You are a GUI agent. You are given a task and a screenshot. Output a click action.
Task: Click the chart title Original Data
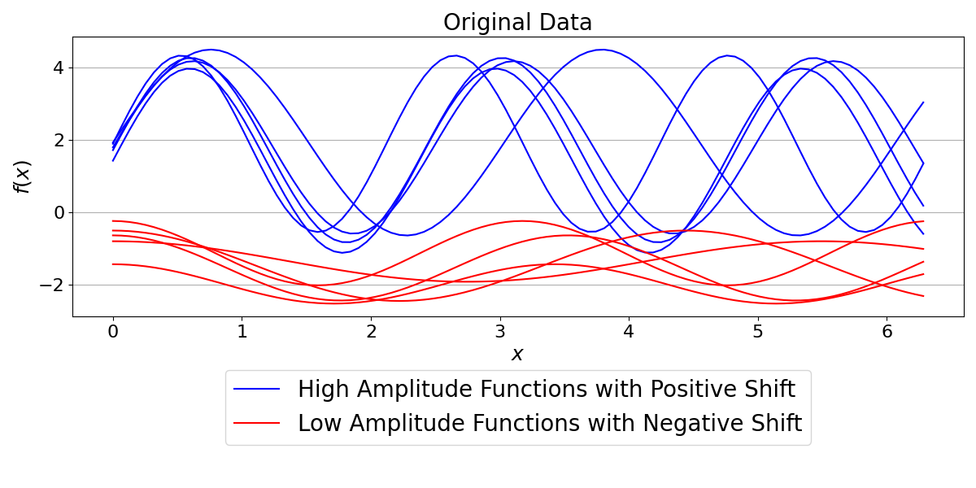point(517,22)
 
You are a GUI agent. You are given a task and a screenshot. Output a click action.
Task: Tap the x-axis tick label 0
point(113,332)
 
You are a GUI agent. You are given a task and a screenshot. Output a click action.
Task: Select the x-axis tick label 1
point(242,332)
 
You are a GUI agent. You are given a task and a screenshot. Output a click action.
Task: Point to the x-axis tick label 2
point(371,332)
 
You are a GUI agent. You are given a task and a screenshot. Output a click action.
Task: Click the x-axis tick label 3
point(499,332)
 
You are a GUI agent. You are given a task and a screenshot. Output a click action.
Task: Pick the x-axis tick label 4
point(629,332)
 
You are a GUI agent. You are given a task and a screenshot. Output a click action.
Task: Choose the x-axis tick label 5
point(757,332)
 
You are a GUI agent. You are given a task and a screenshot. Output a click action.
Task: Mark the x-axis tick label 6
point(887,332)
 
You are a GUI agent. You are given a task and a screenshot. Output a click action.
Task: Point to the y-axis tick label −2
point(52,285)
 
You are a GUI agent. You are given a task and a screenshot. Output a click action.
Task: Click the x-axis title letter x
point(517,355)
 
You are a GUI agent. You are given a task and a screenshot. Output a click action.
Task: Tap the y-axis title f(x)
point(22,176)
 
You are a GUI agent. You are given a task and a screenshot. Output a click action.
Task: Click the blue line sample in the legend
point(257,390)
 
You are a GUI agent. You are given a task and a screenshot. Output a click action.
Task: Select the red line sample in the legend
point(257,424)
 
